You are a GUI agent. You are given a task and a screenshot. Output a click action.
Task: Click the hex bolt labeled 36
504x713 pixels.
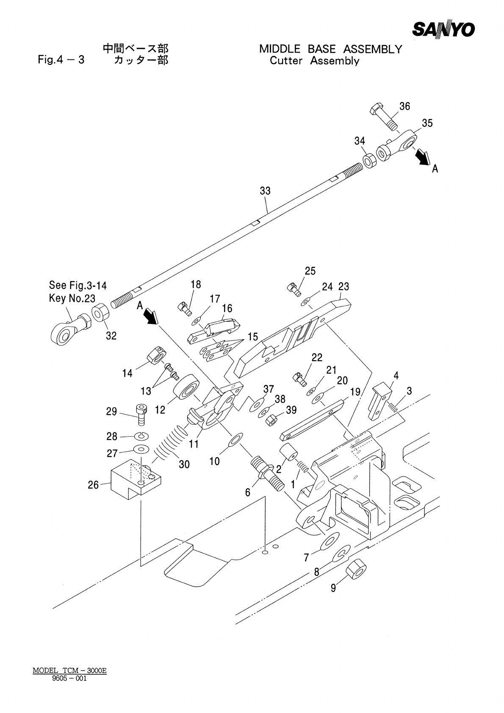click(x=383, y=117)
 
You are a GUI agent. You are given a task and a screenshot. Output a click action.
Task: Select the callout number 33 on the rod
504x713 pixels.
click(x=265, y=191)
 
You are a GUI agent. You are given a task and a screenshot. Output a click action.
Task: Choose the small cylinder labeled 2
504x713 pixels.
click(x=288, y=453)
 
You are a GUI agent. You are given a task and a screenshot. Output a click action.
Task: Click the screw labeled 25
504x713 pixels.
click(x=294, y=289)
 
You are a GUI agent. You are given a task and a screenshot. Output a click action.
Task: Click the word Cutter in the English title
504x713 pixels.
click(x=286, y=61)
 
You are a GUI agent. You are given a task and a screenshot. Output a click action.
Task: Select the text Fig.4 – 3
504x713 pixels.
click(x=61, y=59)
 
